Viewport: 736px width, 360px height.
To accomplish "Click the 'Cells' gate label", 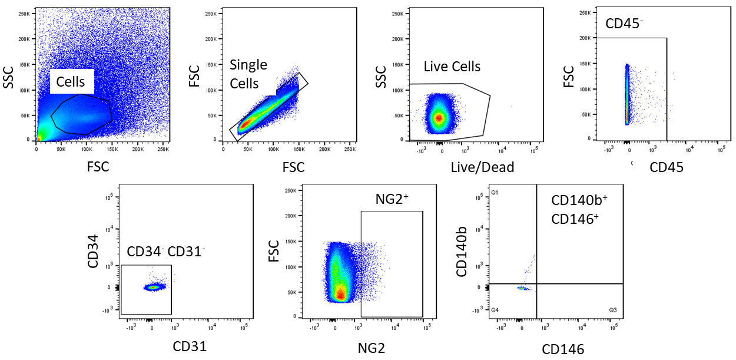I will [71, 82].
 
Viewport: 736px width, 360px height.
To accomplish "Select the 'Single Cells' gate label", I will [248, 74].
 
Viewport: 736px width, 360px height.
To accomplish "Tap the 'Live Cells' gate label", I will [452, 67].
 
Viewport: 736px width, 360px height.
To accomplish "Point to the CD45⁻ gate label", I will [624, 24].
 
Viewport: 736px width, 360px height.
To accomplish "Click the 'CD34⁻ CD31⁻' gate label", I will [167, 252].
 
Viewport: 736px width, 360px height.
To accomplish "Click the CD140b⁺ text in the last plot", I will [579, 200].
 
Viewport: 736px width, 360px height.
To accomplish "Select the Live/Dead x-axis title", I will [482, 167].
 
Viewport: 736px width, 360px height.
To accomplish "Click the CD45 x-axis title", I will [667, 167].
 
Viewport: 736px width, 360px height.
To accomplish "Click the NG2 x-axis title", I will [372, 348].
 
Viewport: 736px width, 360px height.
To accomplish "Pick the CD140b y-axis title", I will [463, 252].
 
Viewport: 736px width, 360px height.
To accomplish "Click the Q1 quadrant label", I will [495, 193].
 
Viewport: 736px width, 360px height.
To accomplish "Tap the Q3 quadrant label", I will [613, 310].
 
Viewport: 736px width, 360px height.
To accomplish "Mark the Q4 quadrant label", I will [495, 310].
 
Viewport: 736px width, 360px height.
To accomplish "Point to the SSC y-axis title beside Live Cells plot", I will [382, 75].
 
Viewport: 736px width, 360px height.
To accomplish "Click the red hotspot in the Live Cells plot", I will [438, 117].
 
